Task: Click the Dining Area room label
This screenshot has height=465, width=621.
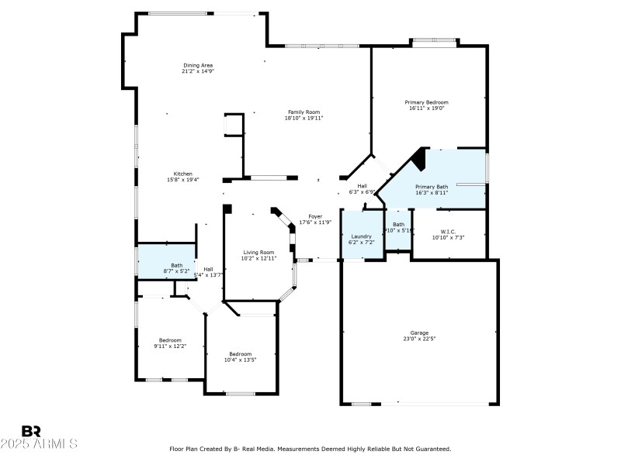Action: (x=198, y=65)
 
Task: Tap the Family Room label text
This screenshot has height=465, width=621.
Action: (x=304, y=112)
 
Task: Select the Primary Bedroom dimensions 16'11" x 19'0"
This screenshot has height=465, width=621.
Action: (x=426, y=108)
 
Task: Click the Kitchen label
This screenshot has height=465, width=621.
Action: (x=183, y=174)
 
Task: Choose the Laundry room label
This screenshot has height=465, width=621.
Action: (x=362, y=236)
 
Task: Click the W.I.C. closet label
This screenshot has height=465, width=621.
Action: (x=448, y=231)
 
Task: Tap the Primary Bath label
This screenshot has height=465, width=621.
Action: (x=432, y=187)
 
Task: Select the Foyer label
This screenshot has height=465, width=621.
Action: (x=315, y=217)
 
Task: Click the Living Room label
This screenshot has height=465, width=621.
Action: (x=258, y=252)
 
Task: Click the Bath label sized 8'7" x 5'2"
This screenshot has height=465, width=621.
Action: (x=177, y=266)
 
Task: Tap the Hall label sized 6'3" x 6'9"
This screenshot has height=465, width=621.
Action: (x=362, y=186)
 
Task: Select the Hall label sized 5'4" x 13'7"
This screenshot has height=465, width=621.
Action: (x=208, y=269)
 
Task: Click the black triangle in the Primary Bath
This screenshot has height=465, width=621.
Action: (x=419, y=160)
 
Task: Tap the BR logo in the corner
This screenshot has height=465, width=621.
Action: (x=32, y=431)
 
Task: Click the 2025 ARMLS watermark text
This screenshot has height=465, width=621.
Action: (x=39, y=444)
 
